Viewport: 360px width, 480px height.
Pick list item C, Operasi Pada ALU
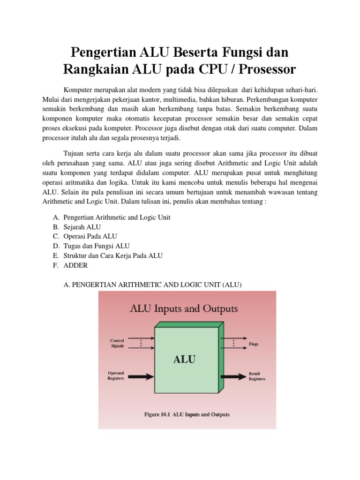pos(90,236)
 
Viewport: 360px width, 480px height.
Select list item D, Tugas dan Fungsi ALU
pos(96,246)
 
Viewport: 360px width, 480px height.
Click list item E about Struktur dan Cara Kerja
pos(112,255)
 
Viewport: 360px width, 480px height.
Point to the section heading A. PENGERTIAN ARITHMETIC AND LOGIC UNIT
pos(152,284)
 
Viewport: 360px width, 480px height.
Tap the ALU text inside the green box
pos(185,360)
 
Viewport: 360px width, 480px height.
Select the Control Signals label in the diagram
pos(117,343)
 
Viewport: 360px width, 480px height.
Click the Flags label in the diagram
pos(253,344)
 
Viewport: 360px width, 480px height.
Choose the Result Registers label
pos(257,376)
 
